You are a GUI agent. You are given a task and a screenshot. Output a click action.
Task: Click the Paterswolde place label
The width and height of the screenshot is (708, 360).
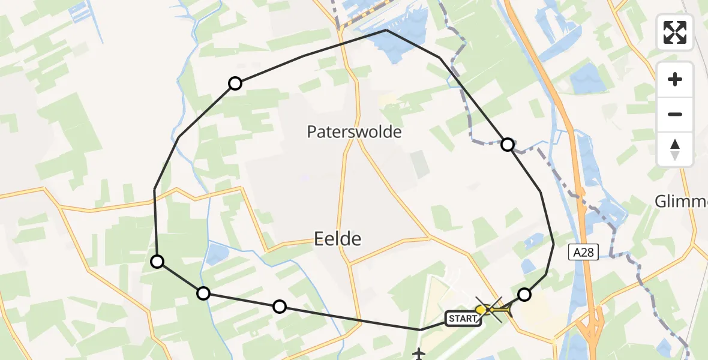(x=354, y=132)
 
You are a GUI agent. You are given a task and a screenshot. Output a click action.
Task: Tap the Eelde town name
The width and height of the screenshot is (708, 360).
(x=338, y=239)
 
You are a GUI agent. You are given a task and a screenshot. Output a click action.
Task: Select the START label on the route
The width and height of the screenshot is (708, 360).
(x=463, y=319)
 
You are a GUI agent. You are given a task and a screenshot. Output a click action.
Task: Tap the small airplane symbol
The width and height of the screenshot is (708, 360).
(x=419, y=354)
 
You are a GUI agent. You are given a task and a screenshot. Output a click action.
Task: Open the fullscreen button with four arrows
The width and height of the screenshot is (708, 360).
(x=675, y=32)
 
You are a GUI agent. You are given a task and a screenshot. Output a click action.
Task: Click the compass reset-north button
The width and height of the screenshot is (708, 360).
(x=675, y=149)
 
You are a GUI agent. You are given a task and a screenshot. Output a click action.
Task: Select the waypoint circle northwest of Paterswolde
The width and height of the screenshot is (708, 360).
(x=235, y=83)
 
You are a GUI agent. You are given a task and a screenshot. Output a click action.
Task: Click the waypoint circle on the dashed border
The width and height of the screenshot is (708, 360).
(x=508, y=145)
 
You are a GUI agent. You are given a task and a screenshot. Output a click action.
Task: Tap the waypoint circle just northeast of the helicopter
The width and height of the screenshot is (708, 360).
(x=524, y=294)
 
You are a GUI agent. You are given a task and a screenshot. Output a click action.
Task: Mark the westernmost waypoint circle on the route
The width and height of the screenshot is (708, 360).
(x=157, y=261)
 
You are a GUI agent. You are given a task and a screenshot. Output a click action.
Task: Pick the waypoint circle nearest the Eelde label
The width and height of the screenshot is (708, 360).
(x=279, y=307)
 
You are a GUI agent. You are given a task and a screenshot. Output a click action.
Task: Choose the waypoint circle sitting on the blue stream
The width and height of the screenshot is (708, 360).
(x=203, y=293)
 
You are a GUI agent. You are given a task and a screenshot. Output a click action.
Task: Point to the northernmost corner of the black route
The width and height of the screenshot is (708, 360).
(x=386, y=30)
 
